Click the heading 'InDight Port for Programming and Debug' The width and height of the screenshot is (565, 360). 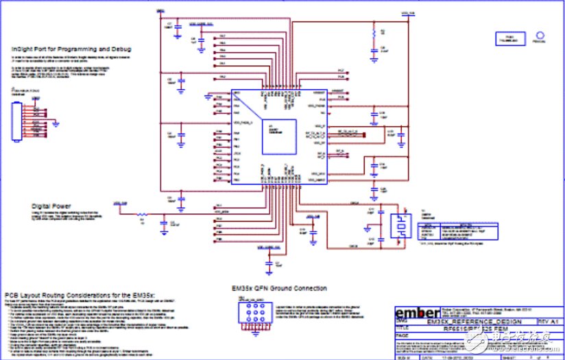[x=71, y=49]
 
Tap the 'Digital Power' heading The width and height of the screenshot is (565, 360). [x=56, y=205]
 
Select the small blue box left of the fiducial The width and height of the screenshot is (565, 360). [x=498, y=37]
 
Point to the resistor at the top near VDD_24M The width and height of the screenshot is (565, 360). [x=373, y=33]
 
